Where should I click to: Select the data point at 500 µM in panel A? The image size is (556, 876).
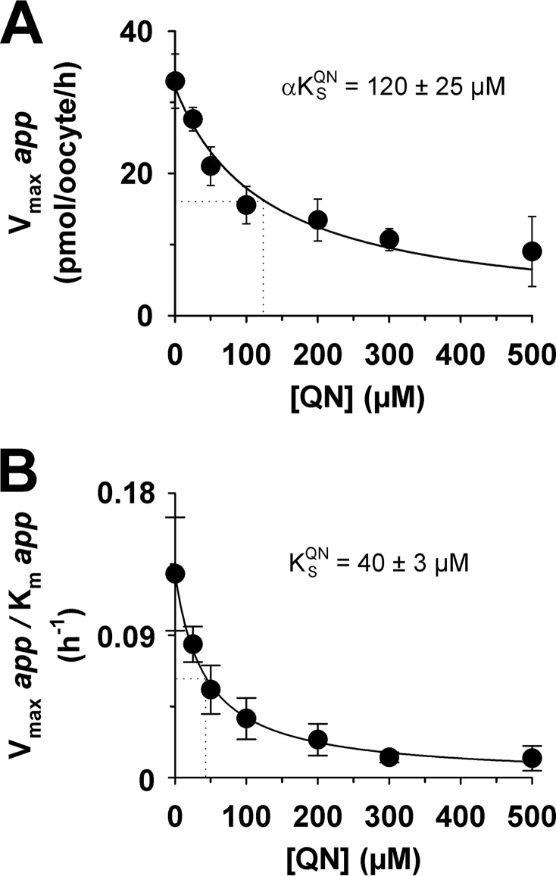click(532, 251)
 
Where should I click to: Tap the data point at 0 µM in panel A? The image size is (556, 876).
click(175, 81)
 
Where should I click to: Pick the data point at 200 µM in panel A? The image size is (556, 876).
click(318, 220)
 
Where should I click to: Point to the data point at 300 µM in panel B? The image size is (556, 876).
click(389, 756)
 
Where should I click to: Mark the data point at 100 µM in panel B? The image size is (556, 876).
click(246, 718)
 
